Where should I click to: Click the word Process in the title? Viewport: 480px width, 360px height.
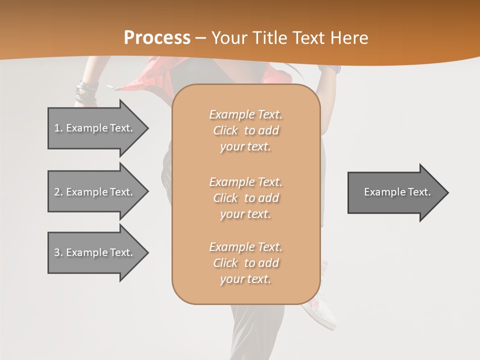[x=157, y=37]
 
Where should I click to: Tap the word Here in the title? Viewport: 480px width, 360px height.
[x=348, y=37]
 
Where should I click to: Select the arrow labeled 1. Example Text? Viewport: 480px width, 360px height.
[x=95, y=128]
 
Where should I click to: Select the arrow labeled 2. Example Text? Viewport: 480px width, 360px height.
[x=95, y=191]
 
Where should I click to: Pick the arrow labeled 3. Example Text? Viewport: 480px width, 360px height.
[x=95, y=252]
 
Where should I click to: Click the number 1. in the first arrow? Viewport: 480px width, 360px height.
[x=58, y=128]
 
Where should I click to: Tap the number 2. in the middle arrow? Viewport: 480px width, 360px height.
[x=58, y=192]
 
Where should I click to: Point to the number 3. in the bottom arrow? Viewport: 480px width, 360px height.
[x=58, y=252]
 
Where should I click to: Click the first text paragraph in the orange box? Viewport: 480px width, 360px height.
[x=245, y=130]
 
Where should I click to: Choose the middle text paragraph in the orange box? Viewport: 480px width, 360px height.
[x=245, y=198]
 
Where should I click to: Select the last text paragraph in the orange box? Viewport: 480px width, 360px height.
[x=245, y=263]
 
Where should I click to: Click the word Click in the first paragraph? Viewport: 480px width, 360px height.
[x=225, y=130]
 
